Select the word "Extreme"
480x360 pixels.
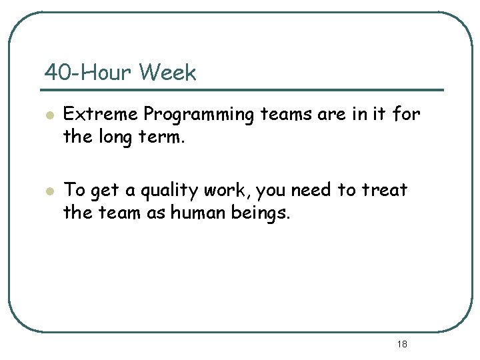tap(101, 115)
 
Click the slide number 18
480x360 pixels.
tap(402, 344)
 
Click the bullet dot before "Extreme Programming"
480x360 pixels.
tap(48, 115)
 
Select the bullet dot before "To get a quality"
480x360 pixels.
tap(48, 191)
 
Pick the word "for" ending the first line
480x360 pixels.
tap(407, 115)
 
